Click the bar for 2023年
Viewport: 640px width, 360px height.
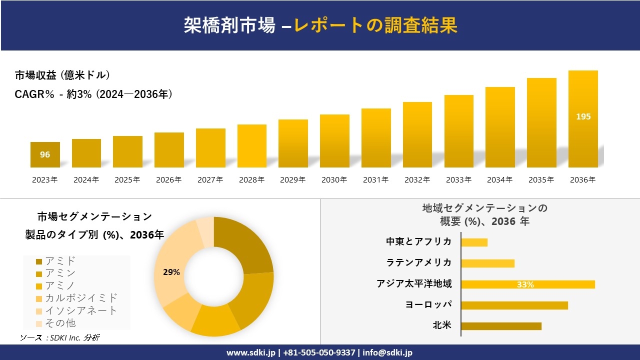tap(45, 155)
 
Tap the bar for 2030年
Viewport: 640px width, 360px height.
tap(334, 141)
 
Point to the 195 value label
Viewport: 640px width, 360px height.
tap(583, 116)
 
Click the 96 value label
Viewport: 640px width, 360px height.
tap(45, 154)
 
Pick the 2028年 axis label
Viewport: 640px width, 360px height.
tap(251, 180)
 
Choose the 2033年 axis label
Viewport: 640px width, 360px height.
tap(458, 180)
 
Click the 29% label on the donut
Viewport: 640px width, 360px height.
tap(171, 272)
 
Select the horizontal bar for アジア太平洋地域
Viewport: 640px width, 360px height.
tap(527, 284)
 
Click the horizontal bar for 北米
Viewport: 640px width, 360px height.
tap(501, 326)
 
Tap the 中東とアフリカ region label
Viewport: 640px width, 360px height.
tap(418, 241)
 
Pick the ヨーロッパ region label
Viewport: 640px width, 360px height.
tap(428, 304)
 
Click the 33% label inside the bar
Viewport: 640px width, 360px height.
tap(525, 284)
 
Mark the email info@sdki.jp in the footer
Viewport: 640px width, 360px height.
tap(387, 352)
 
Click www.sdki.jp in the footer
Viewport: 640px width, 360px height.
tap(251, 352)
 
